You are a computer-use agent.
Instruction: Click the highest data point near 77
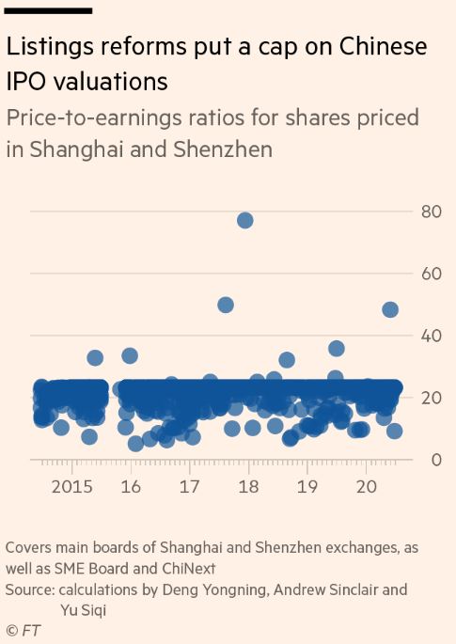point(244,220)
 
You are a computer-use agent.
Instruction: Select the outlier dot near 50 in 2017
point(226,305)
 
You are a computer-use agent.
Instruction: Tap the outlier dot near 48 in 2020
point(390,309)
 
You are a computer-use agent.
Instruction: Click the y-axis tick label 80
point(431,212)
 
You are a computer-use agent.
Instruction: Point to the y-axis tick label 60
point(431,274)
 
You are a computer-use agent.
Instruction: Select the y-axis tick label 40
point(431,336)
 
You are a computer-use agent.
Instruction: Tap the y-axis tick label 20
point(431,398)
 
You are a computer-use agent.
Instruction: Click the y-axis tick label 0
point(435,460)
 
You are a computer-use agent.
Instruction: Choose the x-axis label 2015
point(72,487)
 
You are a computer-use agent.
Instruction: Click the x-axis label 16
point(131,487)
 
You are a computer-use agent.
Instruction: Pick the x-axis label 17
point(190,487)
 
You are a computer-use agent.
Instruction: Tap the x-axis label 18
point(249,487)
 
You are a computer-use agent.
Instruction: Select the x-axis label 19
point(307,487)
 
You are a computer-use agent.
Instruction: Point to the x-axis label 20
point(367,487)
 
